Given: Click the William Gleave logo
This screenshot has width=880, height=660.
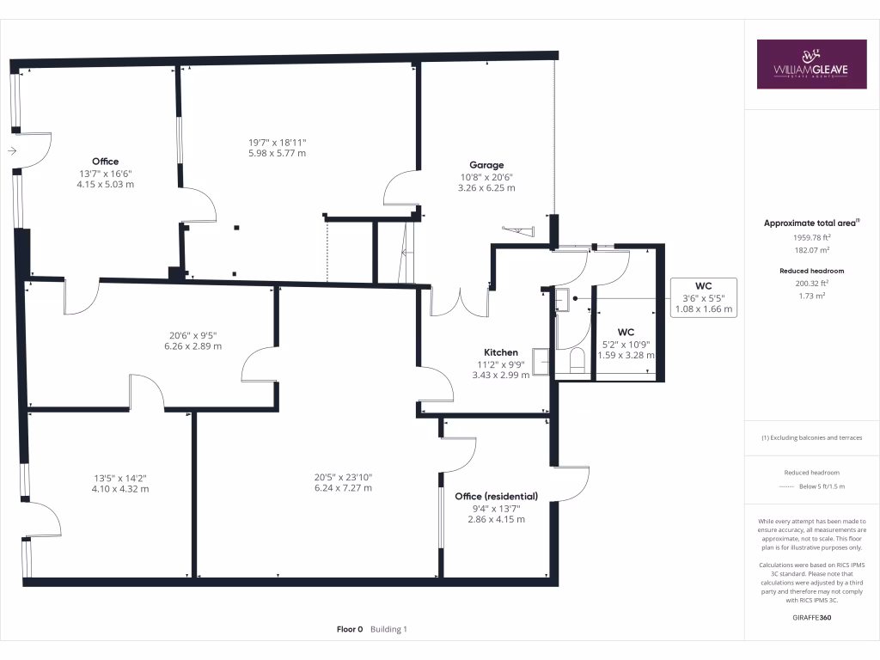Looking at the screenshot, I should click(x=811, y=64).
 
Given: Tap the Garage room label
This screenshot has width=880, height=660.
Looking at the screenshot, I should click(x=486, y=165).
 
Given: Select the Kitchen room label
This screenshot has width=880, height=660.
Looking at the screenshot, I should click(x=501, y=352).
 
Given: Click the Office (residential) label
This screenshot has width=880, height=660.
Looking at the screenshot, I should click(x=497, y=496).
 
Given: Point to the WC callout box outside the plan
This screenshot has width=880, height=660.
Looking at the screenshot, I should click(x=703, y=297).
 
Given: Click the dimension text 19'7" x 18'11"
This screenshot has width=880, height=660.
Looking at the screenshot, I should click(x=277, y=143).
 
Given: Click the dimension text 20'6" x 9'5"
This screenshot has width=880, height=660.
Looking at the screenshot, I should click(x=192, y=336).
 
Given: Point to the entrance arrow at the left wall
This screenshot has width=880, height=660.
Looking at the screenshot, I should click(x=11, y=151).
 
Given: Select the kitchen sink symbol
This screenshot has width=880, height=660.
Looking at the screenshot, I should click(x=541, y=361).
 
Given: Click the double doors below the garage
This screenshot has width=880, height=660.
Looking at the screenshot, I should click(x=460, y=302).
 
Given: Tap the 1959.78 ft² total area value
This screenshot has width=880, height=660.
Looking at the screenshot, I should click(x=811, y=236).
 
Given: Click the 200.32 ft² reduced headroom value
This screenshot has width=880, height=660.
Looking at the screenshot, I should click(x=811, y=283).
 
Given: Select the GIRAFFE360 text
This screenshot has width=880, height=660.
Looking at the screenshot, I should click(x=811, y=617).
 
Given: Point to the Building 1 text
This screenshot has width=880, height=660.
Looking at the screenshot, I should click(x=388, y=629).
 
